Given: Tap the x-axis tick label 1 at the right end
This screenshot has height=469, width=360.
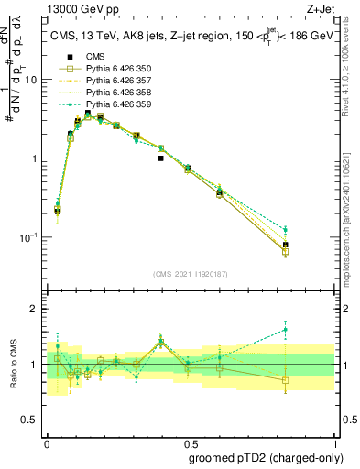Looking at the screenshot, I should tap(333, 441).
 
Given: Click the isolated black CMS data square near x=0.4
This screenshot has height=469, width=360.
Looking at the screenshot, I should tap(160, 158).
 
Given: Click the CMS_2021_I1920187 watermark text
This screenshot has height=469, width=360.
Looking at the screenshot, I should tap(190, 273).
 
